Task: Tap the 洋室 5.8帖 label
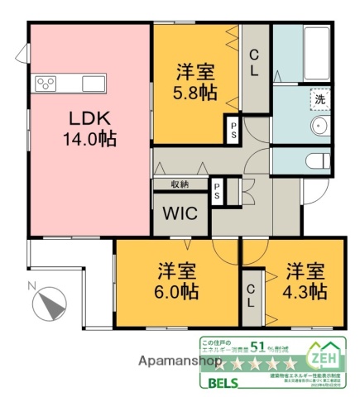point(195,82)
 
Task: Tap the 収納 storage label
point(181,184)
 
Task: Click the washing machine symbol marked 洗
point(320,98)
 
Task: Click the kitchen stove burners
point(46,84)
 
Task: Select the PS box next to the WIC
point(217,191)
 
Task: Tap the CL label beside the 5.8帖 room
point(256,63)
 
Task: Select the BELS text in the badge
point(218,383)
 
